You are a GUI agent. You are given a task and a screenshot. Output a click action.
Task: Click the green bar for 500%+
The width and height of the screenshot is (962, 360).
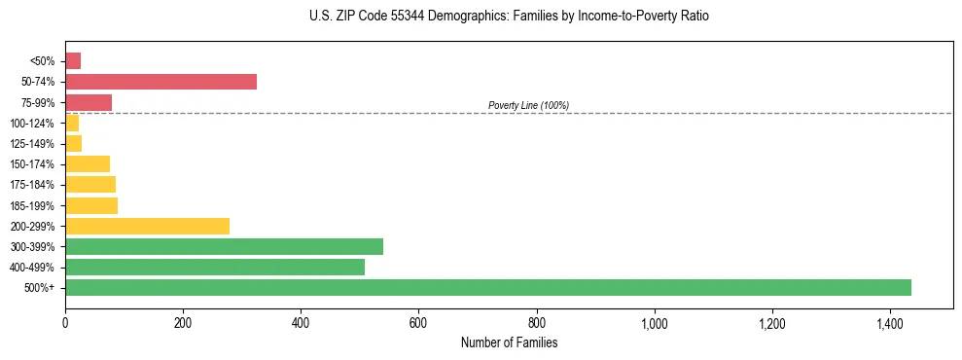[487, 287]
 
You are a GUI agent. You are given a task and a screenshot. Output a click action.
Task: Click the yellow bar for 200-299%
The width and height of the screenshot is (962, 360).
[147, 226]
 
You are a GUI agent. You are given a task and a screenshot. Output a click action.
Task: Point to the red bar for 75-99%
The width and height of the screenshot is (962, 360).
[89, 102]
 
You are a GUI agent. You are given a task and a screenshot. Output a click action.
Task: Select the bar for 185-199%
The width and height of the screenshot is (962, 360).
[91, 205]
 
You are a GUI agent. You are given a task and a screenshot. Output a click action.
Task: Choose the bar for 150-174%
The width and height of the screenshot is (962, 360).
[88, 163]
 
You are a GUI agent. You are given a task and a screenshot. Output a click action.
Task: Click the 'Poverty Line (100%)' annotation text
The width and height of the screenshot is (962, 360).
[528, 105]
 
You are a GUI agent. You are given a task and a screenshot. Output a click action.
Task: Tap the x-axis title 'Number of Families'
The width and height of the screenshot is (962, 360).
[509, 342]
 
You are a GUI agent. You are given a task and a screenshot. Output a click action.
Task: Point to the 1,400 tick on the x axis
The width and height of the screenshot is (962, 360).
[889, 322]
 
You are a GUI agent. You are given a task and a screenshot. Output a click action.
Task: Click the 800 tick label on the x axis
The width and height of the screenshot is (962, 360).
[536, 322]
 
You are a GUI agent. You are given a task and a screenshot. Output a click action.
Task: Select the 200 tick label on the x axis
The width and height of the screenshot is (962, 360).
[183, 322]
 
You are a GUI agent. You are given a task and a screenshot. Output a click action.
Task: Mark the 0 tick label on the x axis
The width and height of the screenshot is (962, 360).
[65, 322]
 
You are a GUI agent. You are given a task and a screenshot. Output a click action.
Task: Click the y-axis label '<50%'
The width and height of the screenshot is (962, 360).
[43, 61]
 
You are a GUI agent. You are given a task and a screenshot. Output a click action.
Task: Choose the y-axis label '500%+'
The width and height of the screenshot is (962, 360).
[40, 288]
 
